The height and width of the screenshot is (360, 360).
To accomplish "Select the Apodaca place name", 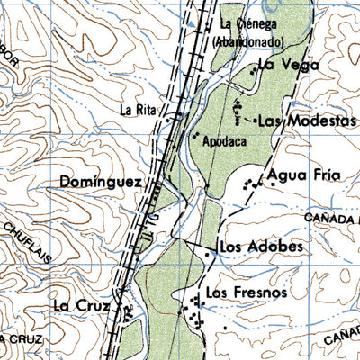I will [224, 141].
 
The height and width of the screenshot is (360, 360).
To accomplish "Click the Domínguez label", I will [100, 182].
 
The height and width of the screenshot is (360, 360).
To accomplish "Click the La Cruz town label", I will [80, 305].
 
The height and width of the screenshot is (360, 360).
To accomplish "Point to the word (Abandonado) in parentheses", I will [249, 42].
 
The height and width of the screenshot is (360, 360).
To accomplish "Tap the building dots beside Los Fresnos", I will [193, 311].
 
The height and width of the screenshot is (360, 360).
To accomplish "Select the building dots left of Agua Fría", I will [253, 183].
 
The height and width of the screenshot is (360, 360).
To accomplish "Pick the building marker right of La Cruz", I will [127, 311].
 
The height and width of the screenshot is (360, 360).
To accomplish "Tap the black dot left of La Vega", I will [253, 67].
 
